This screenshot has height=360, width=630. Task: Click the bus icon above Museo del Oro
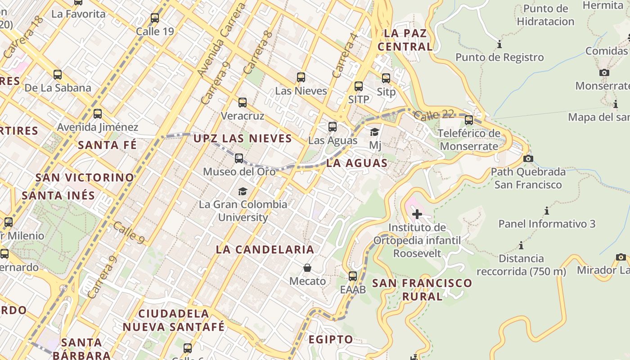(239, 158)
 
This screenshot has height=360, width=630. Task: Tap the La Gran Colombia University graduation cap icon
(243, 191)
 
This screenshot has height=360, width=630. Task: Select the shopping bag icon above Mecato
(307, 268)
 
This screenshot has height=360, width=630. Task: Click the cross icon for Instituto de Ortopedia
(417, 214)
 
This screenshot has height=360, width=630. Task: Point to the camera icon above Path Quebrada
(528, 158)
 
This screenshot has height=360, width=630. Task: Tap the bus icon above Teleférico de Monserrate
(469, 120)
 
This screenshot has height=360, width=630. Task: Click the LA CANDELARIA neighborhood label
(265, 249)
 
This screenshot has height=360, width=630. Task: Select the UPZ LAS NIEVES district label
(243, 139)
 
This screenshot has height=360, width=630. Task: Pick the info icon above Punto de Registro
(499, 45)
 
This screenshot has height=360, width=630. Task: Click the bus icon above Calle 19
(155, 18)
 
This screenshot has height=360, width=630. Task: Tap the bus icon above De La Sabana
(58, 75)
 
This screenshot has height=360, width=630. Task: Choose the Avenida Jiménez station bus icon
(98, 114)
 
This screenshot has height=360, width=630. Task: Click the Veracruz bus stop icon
(243, 103)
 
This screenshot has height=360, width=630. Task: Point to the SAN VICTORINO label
(85, 177)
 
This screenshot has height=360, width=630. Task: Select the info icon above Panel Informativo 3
(547, 211)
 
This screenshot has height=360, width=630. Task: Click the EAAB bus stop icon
(353, 276)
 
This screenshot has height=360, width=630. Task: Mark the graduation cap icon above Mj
(374, 132)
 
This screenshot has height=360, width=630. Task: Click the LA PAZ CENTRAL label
(405, 40)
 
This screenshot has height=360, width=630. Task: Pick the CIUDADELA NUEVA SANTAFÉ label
(174, 320)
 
